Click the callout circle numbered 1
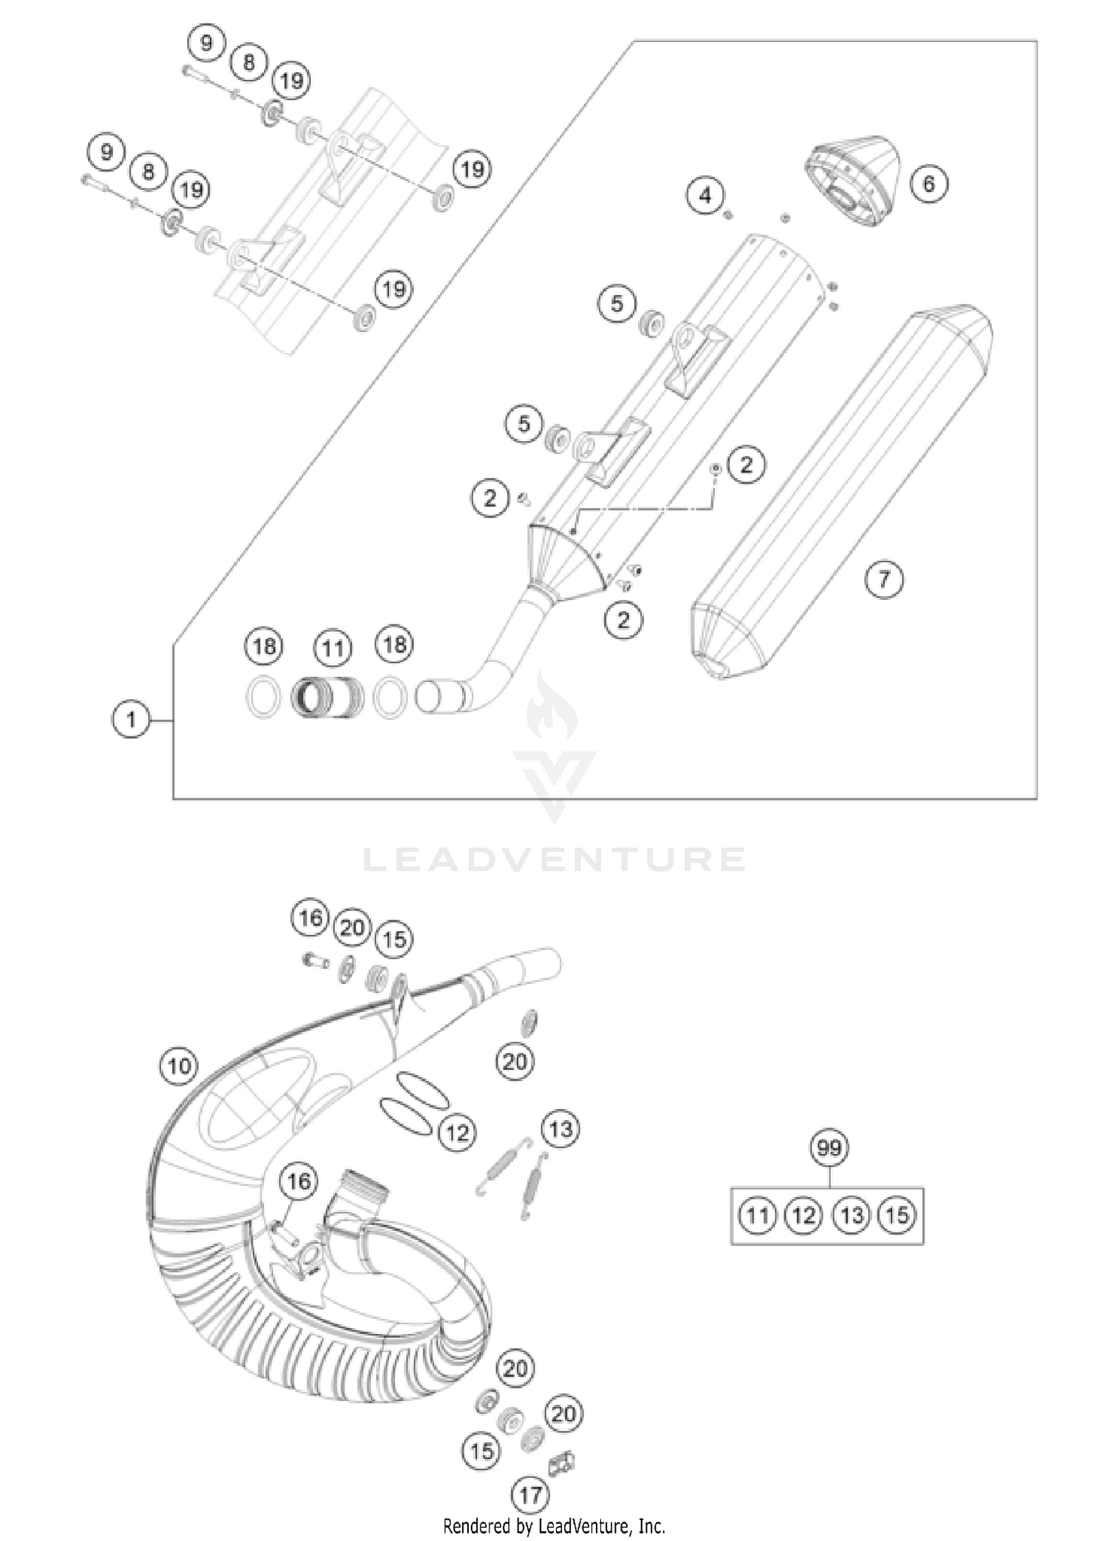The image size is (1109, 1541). tap(131, 718)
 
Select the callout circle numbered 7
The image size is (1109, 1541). tap(884, 579)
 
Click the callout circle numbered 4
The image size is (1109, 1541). tap(705, 195)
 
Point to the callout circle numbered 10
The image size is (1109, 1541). tap(179, 1066)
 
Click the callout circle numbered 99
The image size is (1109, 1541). tap(829, 1148)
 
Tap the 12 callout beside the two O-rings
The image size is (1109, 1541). tap(457, 1132)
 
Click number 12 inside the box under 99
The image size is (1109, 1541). tap(804, 1215)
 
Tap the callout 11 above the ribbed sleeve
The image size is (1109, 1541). tap(333, 649)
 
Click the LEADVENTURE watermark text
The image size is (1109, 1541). tap(554, 860)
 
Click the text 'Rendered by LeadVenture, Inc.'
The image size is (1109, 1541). tap(554, 1525)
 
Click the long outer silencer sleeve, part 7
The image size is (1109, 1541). tap(843, 492)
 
